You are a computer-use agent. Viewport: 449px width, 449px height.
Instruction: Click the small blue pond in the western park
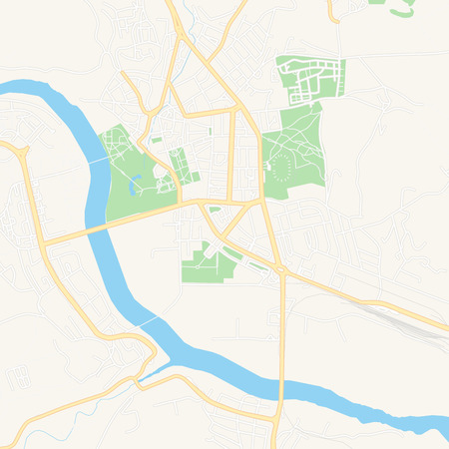click(134, 183)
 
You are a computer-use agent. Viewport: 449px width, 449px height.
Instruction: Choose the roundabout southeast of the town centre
click(281, 269)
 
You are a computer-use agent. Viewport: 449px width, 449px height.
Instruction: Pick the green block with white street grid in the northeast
click(311, 80)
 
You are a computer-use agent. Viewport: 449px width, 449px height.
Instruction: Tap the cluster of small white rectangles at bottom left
click(16, 377)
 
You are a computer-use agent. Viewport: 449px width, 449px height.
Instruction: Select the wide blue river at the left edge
click(30, 95)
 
